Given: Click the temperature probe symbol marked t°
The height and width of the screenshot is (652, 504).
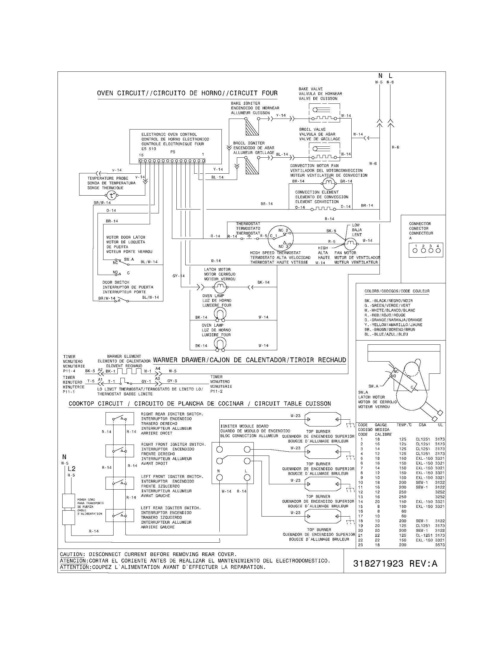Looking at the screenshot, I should coord(112,196).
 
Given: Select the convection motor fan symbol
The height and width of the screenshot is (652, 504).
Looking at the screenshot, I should coord(328,182).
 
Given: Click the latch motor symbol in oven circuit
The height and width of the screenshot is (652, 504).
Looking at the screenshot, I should coord(220,287).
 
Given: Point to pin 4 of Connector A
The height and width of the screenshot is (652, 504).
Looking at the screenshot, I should coord(438,250).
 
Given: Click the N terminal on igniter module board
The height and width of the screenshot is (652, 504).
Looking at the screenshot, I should coord(219,477).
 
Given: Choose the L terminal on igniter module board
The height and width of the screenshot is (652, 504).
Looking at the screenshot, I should coord(247,477).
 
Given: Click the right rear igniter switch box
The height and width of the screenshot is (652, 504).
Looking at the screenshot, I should coord(119,418).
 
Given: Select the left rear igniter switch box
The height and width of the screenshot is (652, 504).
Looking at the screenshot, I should coord(119,515).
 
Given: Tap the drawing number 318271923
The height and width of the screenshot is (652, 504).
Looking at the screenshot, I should coord(378,563).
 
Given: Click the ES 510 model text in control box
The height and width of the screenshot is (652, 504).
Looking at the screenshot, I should coord(149,149).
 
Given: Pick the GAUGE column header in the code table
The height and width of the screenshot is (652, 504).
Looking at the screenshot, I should coord(381,425).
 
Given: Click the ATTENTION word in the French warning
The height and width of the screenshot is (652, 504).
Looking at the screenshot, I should coord(75,567).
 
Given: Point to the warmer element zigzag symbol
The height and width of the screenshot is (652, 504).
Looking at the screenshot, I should coord(129,371).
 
